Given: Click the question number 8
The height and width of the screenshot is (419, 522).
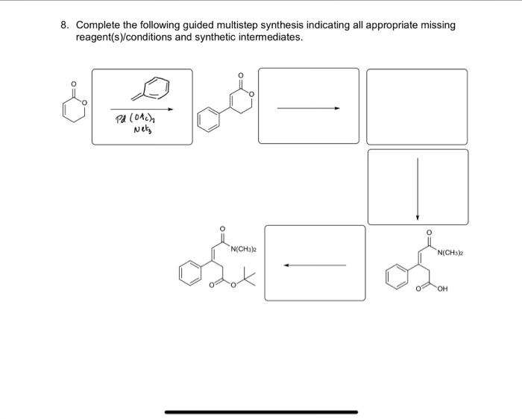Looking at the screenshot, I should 65,25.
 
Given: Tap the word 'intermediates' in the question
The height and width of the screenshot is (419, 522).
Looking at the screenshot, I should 272,37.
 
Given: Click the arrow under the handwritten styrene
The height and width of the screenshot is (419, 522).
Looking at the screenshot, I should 142,109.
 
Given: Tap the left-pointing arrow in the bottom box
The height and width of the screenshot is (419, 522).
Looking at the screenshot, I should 314,264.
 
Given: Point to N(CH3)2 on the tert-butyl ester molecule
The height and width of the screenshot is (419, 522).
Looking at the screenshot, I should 245,248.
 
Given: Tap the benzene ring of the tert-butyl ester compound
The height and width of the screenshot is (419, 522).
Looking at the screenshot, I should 190,271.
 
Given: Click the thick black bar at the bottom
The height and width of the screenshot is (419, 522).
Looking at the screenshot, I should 261,412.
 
